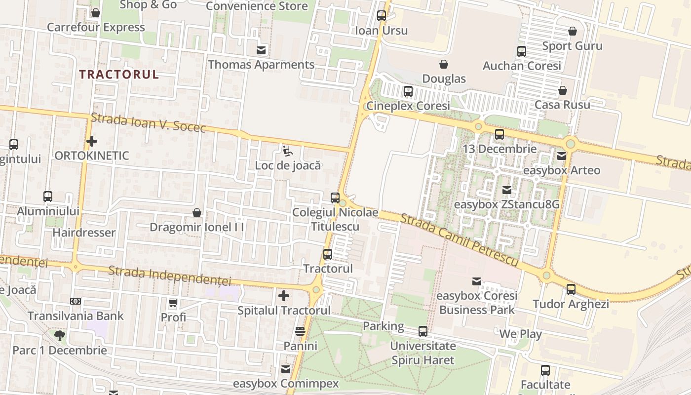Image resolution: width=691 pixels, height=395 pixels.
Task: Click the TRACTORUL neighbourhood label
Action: (119, 75)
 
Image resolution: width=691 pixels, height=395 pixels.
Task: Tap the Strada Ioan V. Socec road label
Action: (148, 123)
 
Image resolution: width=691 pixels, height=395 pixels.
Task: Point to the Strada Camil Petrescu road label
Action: (459, 239)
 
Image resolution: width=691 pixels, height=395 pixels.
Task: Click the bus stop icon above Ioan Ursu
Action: (382, 16)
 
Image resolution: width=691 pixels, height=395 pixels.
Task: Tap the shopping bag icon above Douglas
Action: (444, 64)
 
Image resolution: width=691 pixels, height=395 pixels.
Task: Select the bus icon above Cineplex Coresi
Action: (408, 91)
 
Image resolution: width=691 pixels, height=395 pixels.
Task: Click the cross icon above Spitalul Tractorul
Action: (284, 296)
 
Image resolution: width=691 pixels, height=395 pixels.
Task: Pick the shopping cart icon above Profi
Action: (173, 303)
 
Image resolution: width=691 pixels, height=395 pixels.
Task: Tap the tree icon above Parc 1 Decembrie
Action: (60, 336)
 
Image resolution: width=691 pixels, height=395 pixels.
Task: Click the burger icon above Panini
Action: (300, 331)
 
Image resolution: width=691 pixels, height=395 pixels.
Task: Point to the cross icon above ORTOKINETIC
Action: (92, 142)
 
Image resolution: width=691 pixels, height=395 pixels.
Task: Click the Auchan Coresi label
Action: (522, 66)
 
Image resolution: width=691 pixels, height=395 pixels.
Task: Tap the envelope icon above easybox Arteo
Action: (562, 156)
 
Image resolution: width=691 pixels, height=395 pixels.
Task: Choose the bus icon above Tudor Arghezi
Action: (571, 289)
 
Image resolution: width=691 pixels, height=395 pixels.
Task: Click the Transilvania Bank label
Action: (76, 316)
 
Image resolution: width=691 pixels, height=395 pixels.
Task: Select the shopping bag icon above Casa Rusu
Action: (563, 90)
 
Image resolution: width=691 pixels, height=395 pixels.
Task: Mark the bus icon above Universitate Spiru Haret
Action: (423, 331)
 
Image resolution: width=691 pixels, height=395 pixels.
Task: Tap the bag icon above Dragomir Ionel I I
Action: (197, 213)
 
